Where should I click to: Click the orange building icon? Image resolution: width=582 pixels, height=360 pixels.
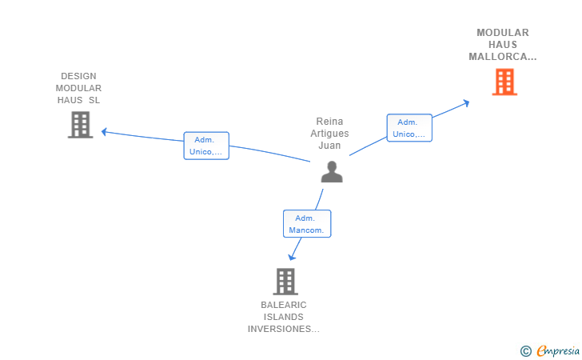504,82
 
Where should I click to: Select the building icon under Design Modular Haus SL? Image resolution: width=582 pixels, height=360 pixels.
80,125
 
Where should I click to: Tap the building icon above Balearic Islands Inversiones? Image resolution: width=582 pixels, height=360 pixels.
285,282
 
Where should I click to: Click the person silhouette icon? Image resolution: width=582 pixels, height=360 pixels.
332,172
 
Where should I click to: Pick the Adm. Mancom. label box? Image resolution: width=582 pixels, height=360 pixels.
307,224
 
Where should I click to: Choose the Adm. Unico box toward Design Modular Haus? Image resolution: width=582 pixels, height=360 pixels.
206,146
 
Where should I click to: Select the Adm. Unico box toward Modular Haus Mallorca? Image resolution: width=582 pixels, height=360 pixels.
409,128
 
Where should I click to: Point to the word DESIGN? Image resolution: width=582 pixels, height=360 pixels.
78,76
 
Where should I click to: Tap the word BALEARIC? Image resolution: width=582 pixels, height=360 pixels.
284,305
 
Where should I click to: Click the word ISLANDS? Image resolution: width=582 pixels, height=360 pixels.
284,317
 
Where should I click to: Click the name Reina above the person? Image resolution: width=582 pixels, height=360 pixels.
329,122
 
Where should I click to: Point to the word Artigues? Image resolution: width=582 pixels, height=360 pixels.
329,134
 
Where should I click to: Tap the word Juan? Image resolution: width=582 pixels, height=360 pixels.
329,146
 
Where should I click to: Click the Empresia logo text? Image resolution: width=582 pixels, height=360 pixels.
558,350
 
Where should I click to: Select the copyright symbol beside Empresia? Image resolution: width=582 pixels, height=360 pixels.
525,351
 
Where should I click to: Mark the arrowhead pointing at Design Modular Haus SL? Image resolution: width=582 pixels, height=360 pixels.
104,132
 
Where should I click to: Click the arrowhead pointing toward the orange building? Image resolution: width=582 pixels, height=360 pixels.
466,103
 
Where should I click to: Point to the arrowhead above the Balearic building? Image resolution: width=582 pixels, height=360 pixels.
292,257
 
